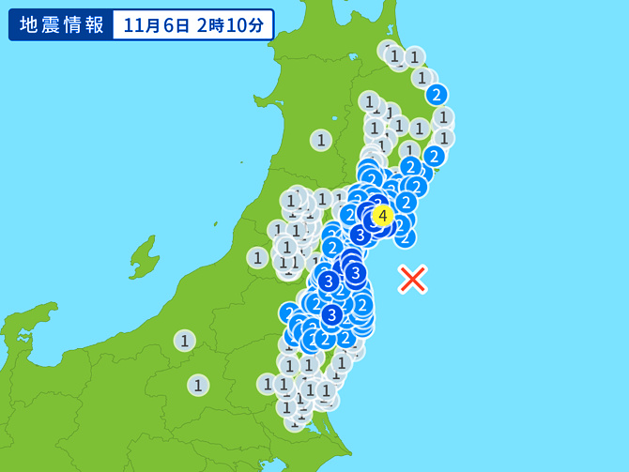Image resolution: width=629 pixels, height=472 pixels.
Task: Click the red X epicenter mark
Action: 413,279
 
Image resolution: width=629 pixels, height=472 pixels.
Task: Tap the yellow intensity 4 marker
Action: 382,217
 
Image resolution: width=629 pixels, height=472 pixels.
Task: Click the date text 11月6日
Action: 154,24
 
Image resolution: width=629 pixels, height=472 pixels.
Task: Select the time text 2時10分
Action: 231,24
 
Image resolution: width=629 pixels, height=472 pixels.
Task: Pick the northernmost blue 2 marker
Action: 436,95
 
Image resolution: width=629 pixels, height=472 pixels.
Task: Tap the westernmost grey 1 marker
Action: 185,341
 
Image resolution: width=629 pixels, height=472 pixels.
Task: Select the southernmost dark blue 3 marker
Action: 331,314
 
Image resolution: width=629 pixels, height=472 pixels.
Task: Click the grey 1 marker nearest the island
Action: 257,257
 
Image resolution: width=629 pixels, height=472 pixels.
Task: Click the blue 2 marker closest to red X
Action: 405,236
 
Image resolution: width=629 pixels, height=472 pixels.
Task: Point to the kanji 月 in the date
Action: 154,24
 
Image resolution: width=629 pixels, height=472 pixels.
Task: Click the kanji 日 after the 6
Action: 185,24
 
